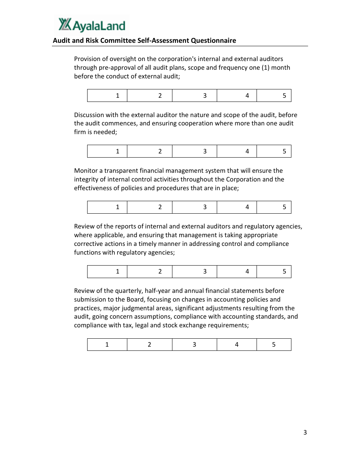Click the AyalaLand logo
[92, 25]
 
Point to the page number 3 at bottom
[305, 432]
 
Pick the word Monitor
[86, 170]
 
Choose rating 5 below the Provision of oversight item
[285, 95]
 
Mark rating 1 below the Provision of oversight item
[117, 95]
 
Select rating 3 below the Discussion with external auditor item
[205, 151]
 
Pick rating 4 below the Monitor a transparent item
[247, 207]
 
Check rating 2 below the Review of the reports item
[160, 271]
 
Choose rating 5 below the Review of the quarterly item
[274, 344]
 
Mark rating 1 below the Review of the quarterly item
[107, 344]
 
